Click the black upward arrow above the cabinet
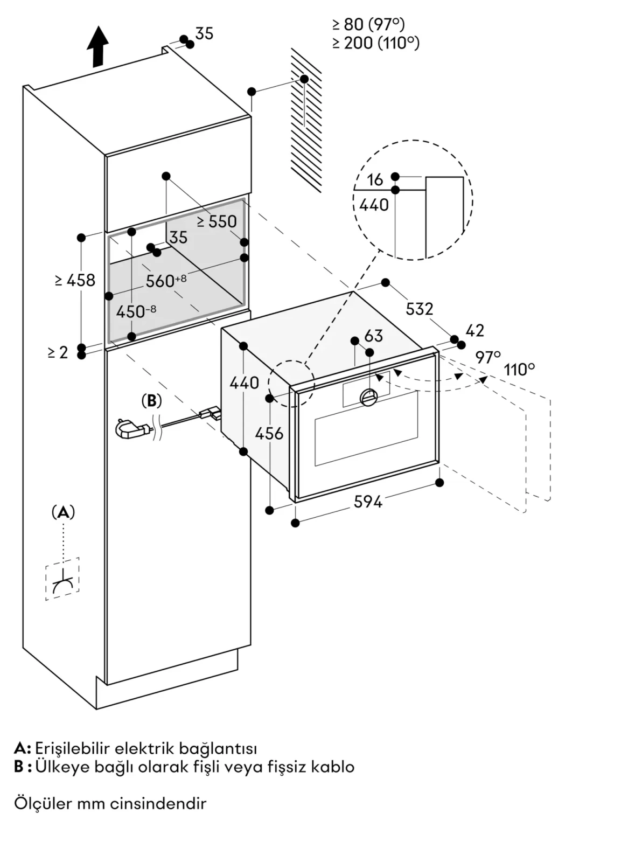(x=97, y=46)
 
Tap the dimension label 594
(x=368, y=502)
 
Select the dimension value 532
(x=419, y=309)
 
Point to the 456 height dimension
(x=269, y=433)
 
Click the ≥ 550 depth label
(x=217, y=221)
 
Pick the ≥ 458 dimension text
(x=75, y=280)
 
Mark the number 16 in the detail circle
(x=375, y=180)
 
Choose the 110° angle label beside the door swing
(x=519, y=370)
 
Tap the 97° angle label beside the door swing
(x=488, y=357)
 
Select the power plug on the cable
(x=132, y=429)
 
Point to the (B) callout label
(x=151, y=401)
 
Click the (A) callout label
(x=63, y=512)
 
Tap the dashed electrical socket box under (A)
(x=62, y=579)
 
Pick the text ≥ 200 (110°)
(x=376, y=43)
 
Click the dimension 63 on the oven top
(x=373, y=336)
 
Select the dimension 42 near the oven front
(x=474, y=331)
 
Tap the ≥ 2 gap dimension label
(x=58, y=352)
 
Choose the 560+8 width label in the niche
(x=166, y=280)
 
